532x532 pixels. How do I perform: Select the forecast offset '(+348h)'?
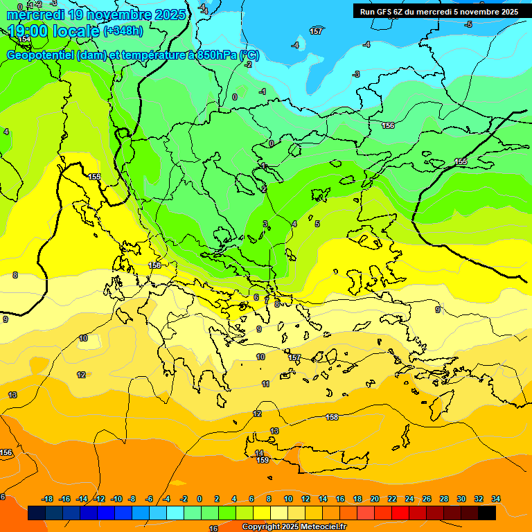pos(123,30)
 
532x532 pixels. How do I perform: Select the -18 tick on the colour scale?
pos(48,499)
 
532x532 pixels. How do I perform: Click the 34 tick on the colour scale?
pos(496,499)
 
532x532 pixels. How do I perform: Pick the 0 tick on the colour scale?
pos(199,499)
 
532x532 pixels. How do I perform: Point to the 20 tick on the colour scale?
pos(375,499)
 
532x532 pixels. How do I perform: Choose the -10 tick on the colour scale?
pos(116,499)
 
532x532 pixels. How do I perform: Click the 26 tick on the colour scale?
pos(427,499)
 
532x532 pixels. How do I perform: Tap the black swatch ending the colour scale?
pos(487,513)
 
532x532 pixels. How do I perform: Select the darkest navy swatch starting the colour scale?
pos(37,513)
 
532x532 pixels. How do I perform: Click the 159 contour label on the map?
pos(263,460)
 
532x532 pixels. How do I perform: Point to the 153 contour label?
pos(24,39)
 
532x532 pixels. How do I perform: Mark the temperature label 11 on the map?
pos(265,384)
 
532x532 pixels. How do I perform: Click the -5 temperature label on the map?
pos(469,24)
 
